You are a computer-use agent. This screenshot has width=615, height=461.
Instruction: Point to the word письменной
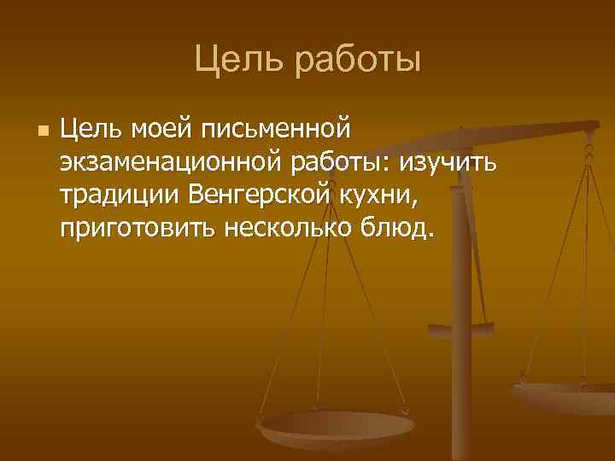(277, 131)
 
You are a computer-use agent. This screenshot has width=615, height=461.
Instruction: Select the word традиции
(118, 195)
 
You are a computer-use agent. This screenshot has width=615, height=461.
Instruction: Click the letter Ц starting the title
(204, 60)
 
